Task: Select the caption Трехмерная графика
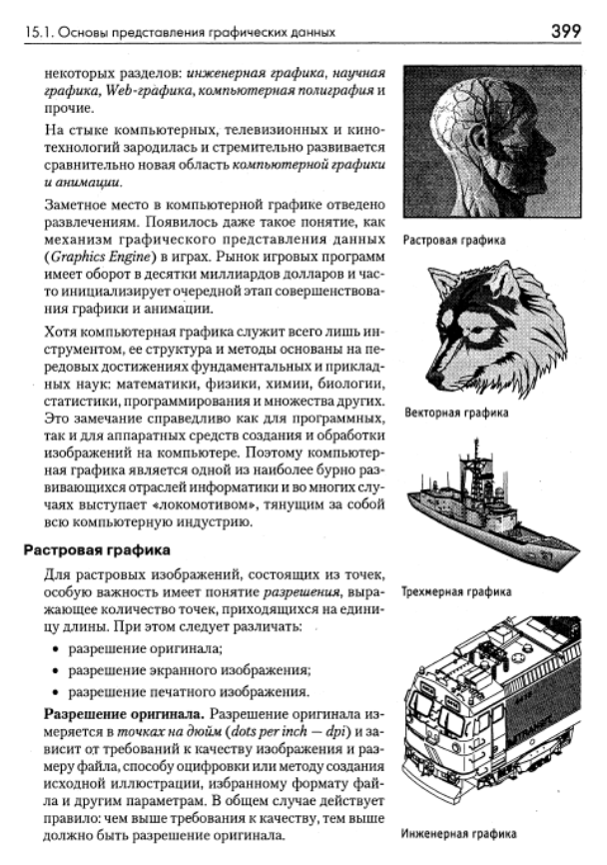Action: [x=456, y=591]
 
